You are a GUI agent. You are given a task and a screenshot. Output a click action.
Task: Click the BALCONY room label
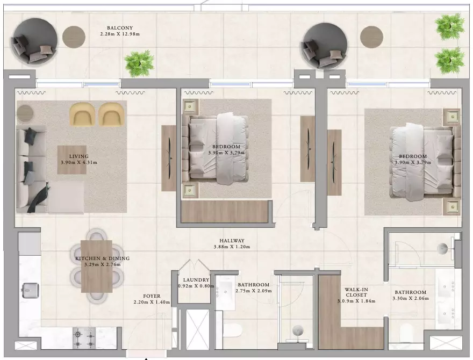(x=120, y=28)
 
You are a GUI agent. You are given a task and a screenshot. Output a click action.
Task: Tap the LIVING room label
(x=78, y=156)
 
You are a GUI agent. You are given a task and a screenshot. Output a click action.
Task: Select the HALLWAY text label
(x=232, y=241)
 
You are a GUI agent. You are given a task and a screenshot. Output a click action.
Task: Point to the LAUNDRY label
(x=196, y=280)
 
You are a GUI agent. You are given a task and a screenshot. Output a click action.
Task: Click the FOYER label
(x=152, y=296)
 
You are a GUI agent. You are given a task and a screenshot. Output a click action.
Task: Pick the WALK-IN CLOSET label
(x=356, y=292)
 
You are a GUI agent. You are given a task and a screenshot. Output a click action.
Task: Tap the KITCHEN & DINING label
(x=102, y=258)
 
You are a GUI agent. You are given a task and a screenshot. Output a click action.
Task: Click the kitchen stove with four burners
(x=84, y=338)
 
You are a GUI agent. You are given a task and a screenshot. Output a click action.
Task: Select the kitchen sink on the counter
(x=31, y=290)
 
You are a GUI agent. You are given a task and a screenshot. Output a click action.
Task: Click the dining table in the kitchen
(x=97, y=266)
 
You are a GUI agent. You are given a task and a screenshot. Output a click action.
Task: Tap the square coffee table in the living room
(x=72, y=160)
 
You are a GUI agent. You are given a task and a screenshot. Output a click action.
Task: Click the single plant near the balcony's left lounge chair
(x=139, y=64)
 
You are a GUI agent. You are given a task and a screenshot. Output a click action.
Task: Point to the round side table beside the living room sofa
(x=25, y=113)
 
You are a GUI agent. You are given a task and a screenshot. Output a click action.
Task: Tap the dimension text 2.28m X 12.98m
(x=120, y=34)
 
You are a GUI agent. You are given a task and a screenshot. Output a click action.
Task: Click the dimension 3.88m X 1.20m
(x=232, y=247)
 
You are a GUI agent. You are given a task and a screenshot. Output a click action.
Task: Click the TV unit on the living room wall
(x=169, y=159)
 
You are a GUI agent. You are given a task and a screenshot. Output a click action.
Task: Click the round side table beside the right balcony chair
(x=371, y=37)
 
